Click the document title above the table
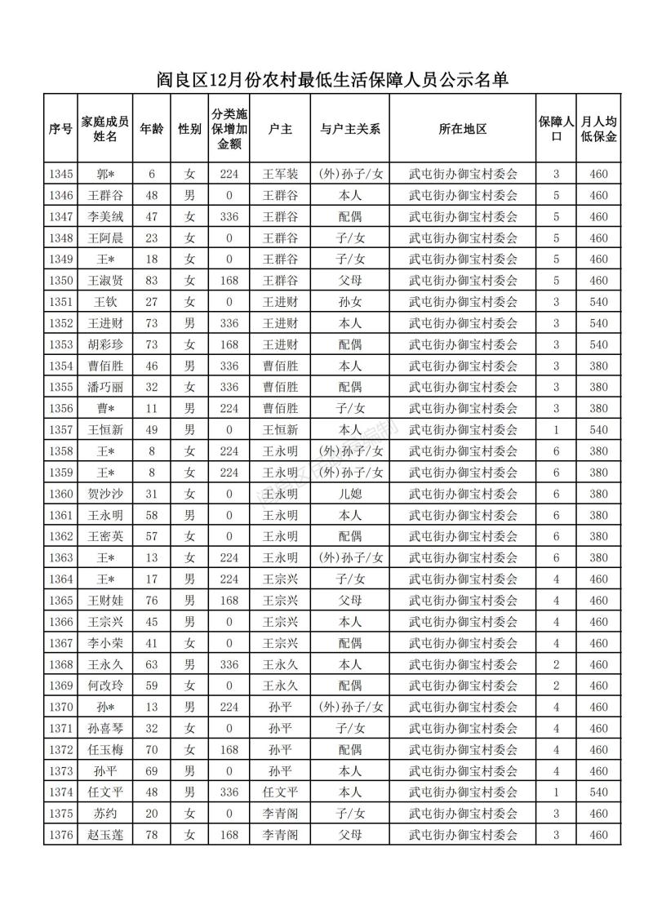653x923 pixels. tap(332, 80)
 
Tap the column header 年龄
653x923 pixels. tap(151, 129)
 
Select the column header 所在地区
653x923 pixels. tap(463, 129)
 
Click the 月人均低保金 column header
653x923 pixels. tap(598, 129)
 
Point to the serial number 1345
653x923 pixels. tap(61, 174)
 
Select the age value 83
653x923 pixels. tap(151, 281)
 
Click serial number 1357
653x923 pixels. tap(61, 429)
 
